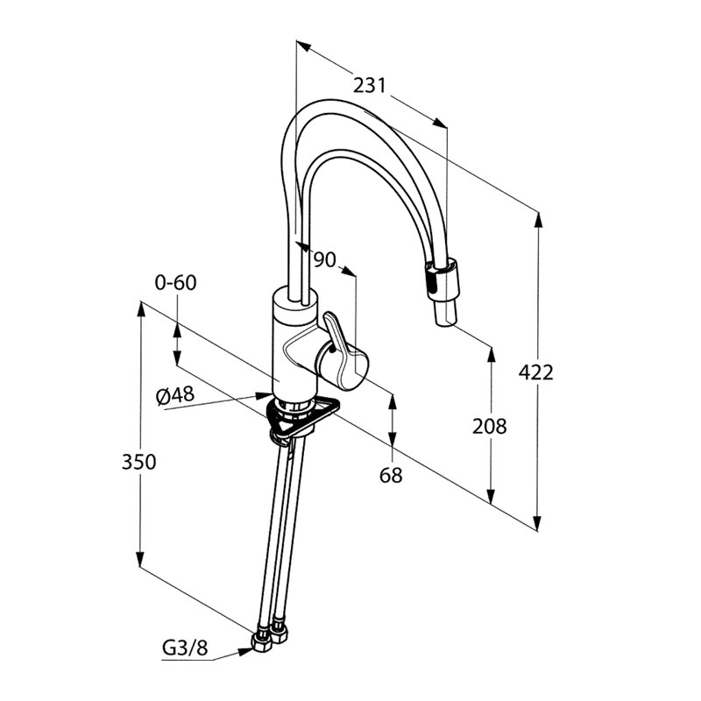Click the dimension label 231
click(x=370, y=85)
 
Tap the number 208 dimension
click(x=489, y=427)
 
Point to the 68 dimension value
click(x=392, y=475)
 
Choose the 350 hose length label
click(x=138, y=462)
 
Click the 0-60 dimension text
click(x=175, y=283)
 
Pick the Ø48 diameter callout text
click(x=174, y=396)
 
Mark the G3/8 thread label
click(x=185, y=649)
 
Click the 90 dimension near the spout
click(x=323, y=259)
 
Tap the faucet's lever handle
click(x=343, y=359)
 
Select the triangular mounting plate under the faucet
click(x=302, y=418)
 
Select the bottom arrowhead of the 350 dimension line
click(x=139, y=561)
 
